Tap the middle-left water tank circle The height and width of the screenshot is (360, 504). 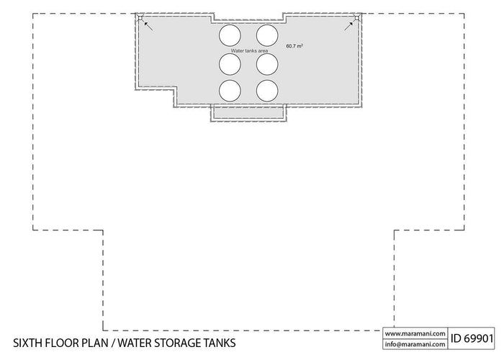tap(230, 64)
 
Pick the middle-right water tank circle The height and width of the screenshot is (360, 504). tap(266, 64)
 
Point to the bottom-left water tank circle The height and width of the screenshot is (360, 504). tap(230, 90)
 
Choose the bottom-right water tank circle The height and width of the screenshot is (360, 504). tap(266, 90)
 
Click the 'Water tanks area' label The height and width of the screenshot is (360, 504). tap(248, 50)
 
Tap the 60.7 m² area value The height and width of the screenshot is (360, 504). tap(294, 46)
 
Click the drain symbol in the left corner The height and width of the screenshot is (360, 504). tap(141, 19)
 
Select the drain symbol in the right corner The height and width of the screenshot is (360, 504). tap(356, 19)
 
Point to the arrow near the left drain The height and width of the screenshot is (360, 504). tap(148, 26)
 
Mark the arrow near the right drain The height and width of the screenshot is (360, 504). tap(348, 26)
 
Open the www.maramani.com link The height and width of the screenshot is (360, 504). tap(413, 333)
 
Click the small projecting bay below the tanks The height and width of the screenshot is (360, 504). tap(248, 114)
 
